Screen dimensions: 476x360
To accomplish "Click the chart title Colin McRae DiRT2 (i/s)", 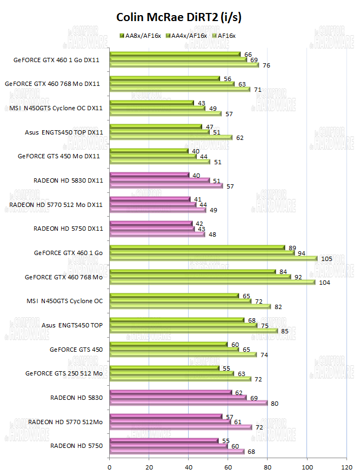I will tap(179, 17).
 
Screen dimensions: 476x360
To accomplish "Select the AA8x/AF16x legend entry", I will tap(142, 36).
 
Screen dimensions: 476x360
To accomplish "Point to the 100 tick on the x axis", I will tap(307, 466).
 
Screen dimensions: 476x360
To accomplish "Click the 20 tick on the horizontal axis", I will tap(149, 466).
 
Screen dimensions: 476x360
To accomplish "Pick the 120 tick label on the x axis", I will tap(346, 466).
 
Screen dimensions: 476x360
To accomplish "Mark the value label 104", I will tap(324, 282).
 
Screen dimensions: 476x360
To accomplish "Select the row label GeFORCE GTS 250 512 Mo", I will tap(64, 373).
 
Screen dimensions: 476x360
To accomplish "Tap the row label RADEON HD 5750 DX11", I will tap(68, 229).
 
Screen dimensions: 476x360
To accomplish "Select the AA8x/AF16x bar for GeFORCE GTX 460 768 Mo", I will tap(192, 271).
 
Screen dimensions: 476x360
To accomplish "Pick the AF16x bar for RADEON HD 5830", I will tap(188, 403).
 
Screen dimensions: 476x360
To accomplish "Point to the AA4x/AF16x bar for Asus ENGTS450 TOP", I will tap(183, 325).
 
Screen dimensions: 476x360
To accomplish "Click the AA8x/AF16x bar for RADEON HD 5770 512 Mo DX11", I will tap(150, 199).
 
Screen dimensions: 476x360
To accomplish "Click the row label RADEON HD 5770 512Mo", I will tap(65, 421).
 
